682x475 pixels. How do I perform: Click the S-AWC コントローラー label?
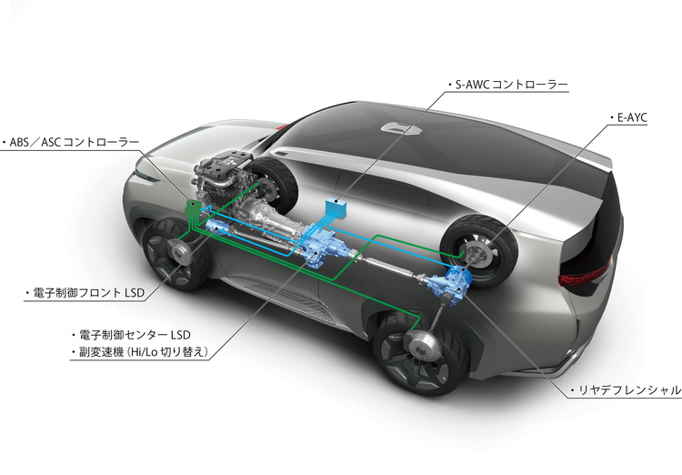click(x=511, y=85)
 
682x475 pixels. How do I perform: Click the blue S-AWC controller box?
click(x=336, y=207)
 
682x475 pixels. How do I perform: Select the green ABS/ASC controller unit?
click(x=192, y=207)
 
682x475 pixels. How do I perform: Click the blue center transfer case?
click(x=320, y=243)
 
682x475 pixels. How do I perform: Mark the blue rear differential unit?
click(x=449, y=281)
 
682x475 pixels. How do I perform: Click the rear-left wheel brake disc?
click(x=421, y=346)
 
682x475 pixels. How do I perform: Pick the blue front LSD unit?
click(x=218, y=227)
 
